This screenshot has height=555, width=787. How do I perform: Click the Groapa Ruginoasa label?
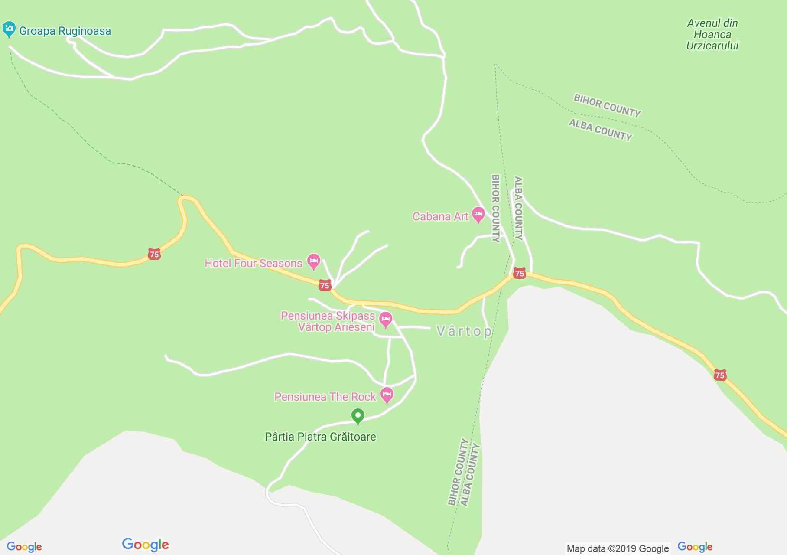point(65,31)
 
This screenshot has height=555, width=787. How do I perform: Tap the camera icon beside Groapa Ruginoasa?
point(9,29)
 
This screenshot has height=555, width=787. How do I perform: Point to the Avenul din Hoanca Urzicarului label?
point(712,34)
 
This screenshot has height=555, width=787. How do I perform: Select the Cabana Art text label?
point(440,216)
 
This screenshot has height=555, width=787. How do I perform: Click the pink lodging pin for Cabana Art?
point(478,214)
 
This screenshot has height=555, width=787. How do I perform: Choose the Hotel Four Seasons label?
point(253,263)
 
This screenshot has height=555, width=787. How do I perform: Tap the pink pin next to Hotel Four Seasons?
point(313,261)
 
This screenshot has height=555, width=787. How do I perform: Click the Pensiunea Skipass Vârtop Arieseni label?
point(328,321)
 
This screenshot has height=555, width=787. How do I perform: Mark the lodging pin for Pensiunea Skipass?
point(385,320)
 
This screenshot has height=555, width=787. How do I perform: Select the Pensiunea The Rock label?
point(325,397)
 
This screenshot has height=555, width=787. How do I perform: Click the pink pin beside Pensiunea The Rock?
point(387,395)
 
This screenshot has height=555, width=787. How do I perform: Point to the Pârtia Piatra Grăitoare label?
point(320,437)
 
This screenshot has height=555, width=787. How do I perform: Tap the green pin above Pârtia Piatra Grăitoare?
point(358,416)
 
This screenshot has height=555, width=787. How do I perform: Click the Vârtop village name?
point(464,332)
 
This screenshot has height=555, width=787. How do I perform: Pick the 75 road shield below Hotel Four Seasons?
point(325,285)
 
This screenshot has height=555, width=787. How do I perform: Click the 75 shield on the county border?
point(519,273)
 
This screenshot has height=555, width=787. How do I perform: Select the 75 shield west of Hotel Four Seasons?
point(154,254)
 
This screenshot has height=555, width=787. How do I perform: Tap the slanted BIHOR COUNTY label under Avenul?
point(607,105)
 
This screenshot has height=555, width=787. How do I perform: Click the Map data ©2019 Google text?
point(618,548)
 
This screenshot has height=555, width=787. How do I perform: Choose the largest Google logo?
point(145,545)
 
